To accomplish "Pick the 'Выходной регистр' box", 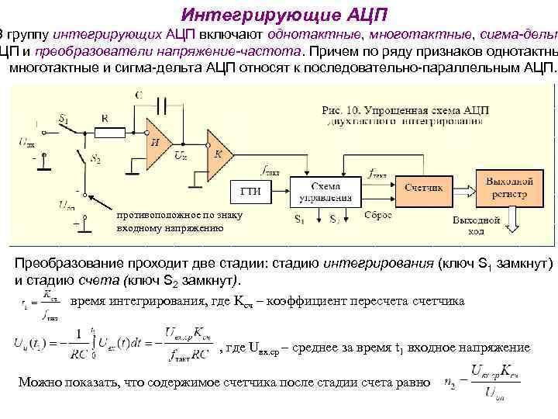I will tap(508, 187).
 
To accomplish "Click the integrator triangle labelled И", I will tap(158, 140).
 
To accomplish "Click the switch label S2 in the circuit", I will tap(95, 160).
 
